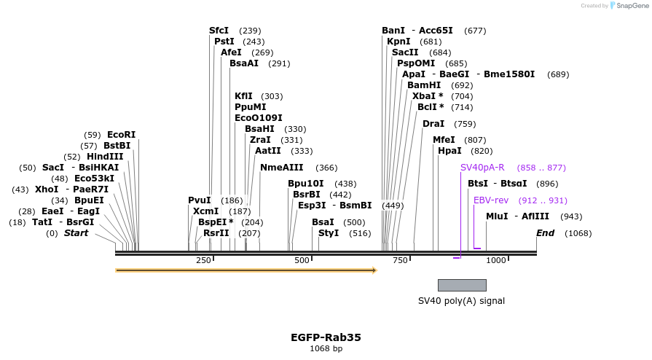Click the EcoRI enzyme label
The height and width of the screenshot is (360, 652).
pyautogui.click(x=121, y=135)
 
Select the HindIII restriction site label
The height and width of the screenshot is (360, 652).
pyautogui.click(x=105, y=157)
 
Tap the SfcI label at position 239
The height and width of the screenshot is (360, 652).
pyautogui.click(x=219, y=31)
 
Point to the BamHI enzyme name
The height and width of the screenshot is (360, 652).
pyautogui.click(x=424, y=85)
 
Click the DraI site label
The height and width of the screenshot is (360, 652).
pyautogui.click(x=433, y=124)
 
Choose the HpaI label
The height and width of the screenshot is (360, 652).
pyautogui.click(x=449, y=151)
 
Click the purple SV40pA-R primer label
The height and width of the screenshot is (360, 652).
pyautogui.click(x=482, y=168)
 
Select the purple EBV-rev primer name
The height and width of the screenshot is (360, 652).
pyautogui.click(x=491, y=200)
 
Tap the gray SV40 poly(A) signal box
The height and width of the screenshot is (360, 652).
pyautogui.click(x=462, y=285)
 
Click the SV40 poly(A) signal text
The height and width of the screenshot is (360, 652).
pyautogui.click(x=461, y=301)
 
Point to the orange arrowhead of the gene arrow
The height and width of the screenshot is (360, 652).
pyautogui.click(x=374, y=270)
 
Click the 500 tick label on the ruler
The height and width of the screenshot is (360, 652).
pyautogui.click(x=302, y=261)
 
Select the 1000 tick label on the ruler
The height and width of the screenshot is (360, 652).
pyautogui.click(x=496, y=261)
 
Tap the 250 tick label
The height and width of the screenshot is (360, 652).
pyautogui.click(x=203, y=261)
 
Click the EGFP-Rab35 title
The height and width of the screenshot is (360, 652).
pyautogui.click(x=326, y=337)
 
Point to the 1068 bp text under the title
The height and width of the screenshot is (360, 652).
pyautogui.click(x=326, y=349)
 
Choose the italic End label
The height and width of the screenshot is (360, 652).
pyautogui.click(x=545, y=233)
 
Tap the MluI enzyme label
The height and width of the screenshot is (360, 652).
pyautogui.click(x=498, y=216)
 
